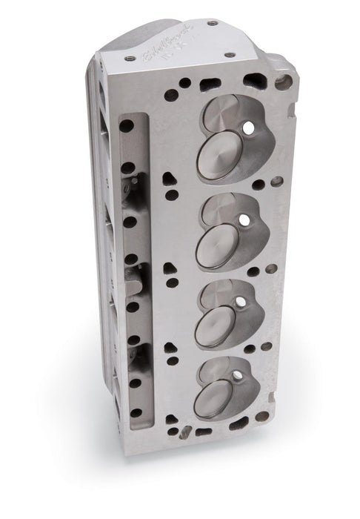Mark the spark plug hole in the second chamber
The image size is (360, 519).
243,220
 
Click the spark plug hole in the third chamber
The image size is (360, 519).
239,303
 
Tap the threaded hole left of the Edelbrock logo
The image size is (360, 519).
131,57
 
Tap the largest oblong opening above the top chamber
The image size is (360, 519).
210,85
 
